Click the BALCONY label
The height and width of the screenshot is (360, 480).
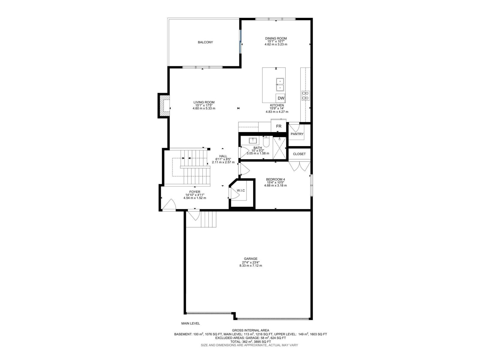tap(205, 42)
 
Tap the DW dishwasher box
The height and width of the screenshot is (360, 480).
tap(281, 98)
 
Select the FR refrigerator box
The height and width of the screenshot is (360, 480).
tap(279, 126)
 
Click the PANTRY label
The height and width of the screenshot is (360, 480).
tap(297, 134)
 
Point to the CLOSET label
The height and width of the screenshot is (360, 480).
tap(299, 154)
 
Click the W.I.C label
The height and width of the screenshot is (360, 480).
tap(241, 190)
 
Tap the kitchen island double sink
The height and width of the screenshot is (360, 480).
tap(280, 84)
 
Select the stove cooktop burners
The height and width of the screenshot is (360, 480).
tap(305, 95)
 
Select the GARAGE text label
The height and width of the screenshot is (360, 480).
tap(250, 259)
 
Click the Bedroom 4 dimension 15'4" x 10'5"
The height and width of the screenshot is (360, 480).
tap(275, 182)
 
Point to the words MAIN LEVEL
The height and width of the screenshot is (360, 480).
tap(190, 323)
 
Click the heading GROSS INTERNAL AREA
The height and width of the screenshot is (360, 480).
tap(250, 330)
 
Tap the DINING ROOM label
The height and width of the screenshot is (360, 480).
tap(276, 38)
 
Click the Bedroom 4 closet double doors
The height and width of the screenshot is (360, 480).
tap(299, 166)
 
